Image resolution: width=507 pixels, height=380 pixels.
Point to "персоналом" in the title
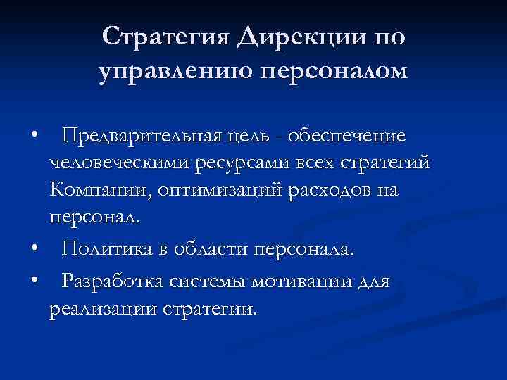point(334,71)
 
